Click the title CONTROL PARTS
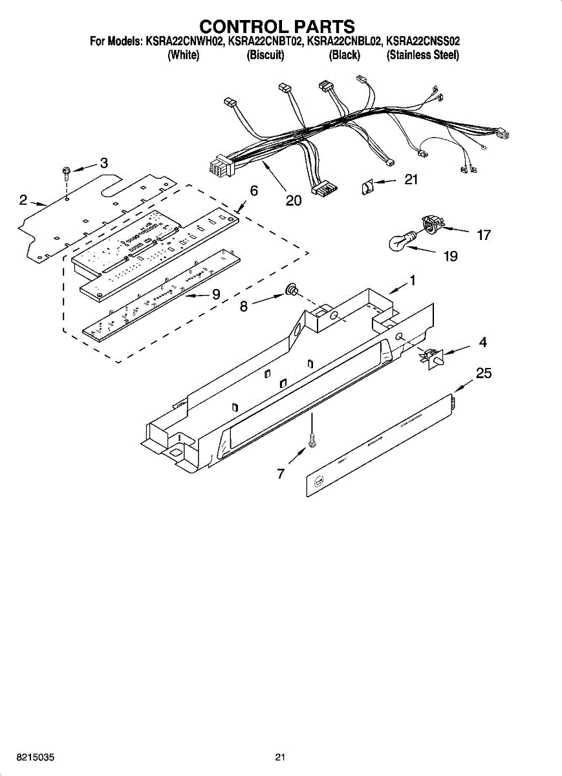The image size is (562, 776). pyautogui.click(x=277, y=27)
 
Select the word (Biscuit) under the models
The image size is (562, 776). pyautogui.click(x=265, y=56)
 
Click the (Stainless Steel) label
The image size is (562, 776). pyautogui.click(x=423, y=56)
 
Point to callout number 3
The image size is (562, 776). pyautogui.click(x=103, y=163)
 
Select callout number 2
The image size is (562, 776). pyautogui.click(x=23, y=200)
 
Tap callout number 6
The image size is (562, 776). pyautogui.click(x=254, y=191)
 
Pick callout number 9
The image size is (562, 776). pyautogui.click(x=216, y=294)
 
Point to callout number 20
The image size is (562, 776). pyautogui.click(x=293, y=201)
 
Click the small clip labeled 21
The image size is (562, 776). pyautogui.click(x=367, y=188)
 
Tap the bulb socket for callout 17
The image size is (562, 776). pyautogui.click(x=429, y=224)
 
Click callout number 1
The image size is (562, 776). pyautogui.click(x=412, y=281)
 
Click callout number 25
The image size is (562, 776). pyautogui.click(x=484, y=373)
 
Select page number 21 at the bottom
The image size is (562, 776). pyautogui.click(x=280, y=757)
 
